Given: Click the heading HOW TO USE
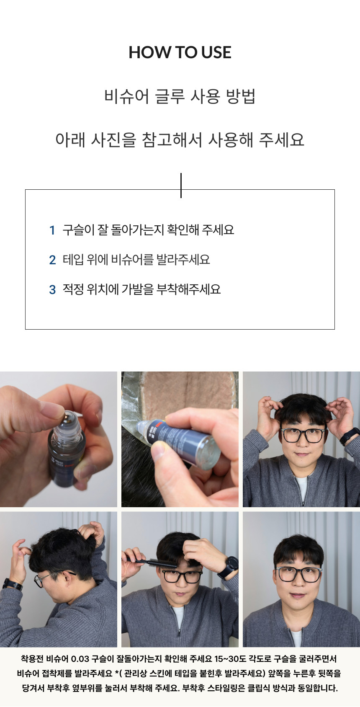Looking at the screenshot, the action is tap(180, 52).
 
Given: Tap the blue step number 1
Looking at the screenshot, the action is tap(52, 230).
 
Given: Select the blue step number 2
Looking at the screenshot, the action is tap(52, 260).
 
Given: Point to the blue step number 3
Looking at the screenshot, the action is tap(52, 290).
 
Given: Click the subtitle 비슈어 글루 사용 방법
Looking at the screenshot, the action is tap(180, 96).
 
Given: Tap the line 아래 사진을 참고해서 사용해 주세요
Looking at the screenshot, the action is tap(180, 139).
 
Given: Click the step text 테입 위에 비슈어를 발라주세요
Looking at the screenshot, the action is tap(136, 260).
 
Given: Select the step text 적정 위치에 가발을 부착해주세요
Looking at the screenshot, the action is tap(141, 289).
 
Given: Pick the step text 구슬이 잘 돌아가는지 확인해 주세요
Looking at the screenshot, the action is tap(148, 230).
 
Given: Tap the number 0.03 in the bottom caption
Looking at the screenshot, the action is tap(80, 659).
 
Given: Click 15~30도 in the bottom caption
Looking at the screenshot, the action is tap(230, 659).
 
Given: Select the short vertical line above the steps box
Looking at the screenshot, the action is tap(181, 185).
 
